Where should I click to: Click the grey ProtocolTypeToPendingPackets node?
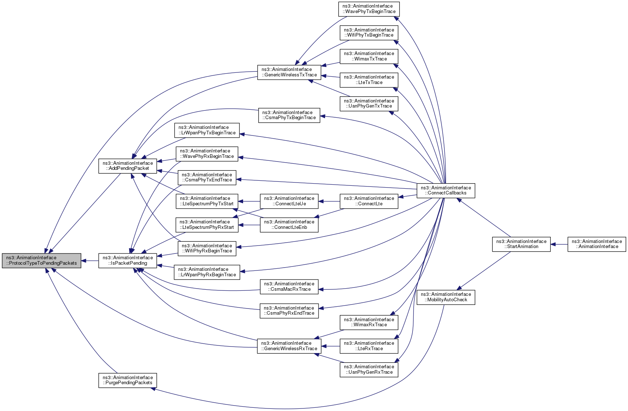(41, 261)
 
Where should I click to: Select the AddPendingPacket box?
(128, 166)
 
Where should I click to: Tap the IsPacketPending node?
(128, 261)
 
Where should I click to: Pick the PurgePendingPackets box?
(128, 380)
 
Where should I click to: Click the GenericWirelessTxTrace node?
(289, 72)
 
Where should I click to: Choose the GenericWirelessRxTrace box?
(289, 346)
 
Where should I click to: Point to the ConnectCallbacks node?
(446, 190)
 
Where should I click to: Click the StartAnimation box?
(521, 244)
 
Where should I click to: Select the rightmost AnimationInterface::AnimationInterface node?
(597, 244)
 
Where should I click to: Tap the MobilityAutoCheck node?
(446, 297)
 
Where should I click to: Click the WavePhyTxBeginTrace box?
(369, 9)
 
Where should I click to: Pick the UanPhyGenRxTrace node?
(369, 370)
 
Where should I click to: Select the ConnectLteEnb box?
(289, 225)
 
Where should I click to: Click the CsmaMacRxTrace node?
(289, 287)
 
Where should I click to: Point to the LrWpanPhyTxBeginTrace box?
(207, 130)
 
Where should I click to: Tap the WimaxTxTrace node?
(369, 56)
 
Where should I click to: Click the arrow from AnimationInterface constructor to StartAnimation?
(559, 244)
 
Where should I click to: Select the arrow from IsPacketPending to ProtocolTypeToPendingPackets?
(90, 261)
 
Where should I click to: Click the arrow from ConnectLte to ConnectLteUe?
(329, 201)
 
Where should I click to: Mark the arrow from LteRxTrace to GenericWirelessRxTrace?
(331, 346)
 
